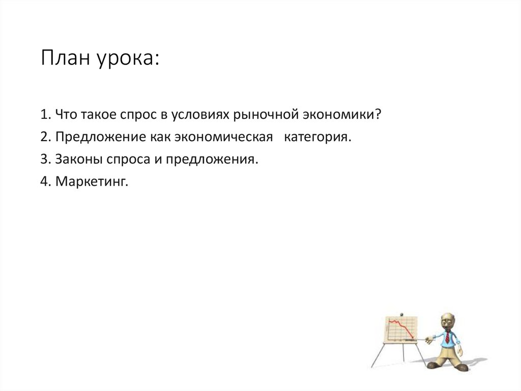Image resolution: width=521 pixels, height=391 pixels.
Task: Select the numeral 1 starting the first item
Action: [x=44, y=115]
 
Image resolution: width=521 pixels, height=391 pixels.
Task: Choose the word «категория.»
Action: [x=317, y=138]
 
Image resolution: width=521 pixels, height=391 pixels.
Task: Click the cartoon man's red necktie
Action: [x=447, y=337]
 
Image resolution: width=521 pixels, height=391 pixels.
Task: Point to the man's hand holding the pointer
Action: [x=428, y=339]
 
